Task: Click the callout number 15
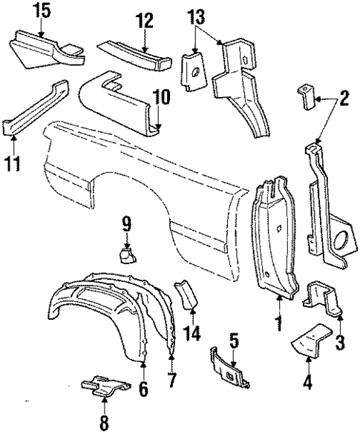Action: [42, 10]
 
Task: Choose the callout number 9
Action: [126, 222]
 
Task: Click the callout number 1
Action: [279, 323]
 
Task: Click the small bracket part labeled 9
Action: [127, 255]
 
